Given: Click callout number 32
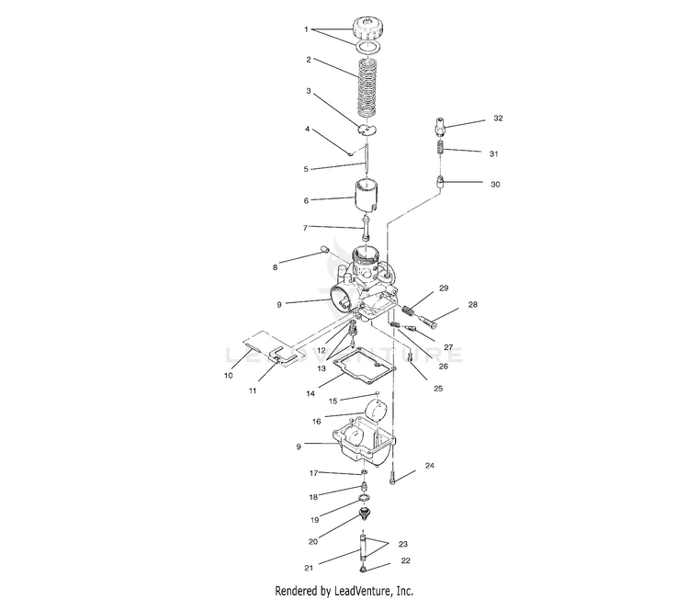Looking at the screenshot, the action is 498,119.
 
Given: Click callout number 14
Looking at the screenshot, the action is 311,393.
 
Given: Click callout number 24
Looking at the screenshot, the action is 429,466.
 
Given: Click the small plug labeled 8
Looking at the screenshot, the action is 326,247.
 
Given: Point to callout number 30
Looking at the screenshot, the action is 495,184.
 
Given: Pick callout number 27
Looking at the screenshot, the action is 447,347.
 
